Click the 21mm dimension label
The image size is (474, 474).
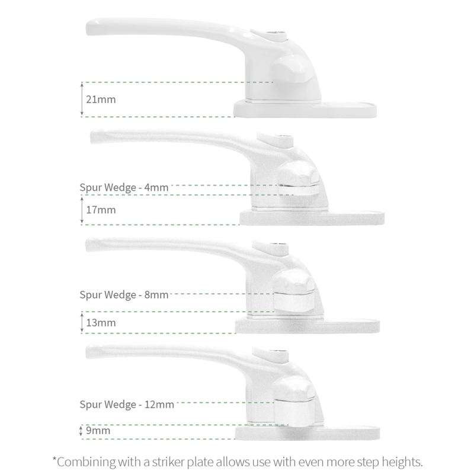pos(101,99)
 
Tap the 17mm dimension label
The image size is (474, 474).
pos(101,210)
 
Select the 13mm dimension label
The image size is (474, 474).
pos(101,323)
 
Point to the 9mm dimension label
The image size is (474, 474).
pos(98,431)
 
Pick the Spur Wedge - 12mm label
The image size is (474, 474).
pos(127,405)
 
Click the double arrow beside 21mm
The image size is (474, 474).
pos(82,99)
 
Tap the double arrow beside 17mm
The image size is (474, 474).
pos(82,210)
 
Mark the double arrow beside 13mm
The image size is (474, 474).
pos(82,323)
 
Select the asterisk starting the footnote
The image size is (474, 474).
pos(55,459)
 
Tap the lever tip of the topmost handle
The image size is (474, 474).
pos(94,26)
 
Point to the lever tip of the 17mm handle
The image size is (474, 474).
pos(97,137)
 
